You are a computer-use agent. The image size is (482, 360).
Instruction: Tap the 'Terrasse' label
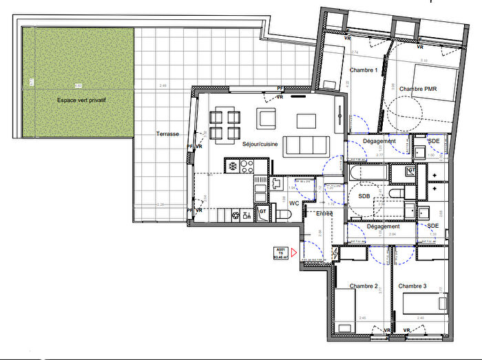tap(167, 134)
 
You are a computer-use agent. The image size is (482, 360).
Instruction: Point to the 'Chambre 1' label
tap(363, 71)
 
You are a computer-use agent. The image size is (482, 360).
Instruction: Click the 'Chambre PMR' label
tap(419, 89)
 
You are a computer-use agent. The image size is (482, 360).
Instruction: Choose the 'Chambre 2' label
tap(363, 286)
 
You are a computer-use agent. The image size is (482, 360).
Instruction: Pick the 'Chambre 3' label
tap(412, 286)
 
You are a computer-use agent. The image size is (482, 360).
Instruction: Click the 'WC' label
tap(294, 203)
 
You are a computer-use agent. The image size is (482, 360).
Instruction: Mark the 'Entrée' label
tap(324, 213)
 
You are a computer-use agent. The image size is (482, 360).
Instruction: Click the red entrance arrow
tap(294, 253)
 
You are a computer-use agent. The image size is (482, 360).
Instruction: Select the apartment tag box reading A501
tap(280, 253)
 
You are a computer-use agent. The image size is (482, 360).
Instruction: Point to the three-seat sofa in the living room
tap(306, 145)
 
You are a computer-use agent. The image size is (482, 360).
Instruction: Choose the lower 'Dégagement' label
tap(384, 226)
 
